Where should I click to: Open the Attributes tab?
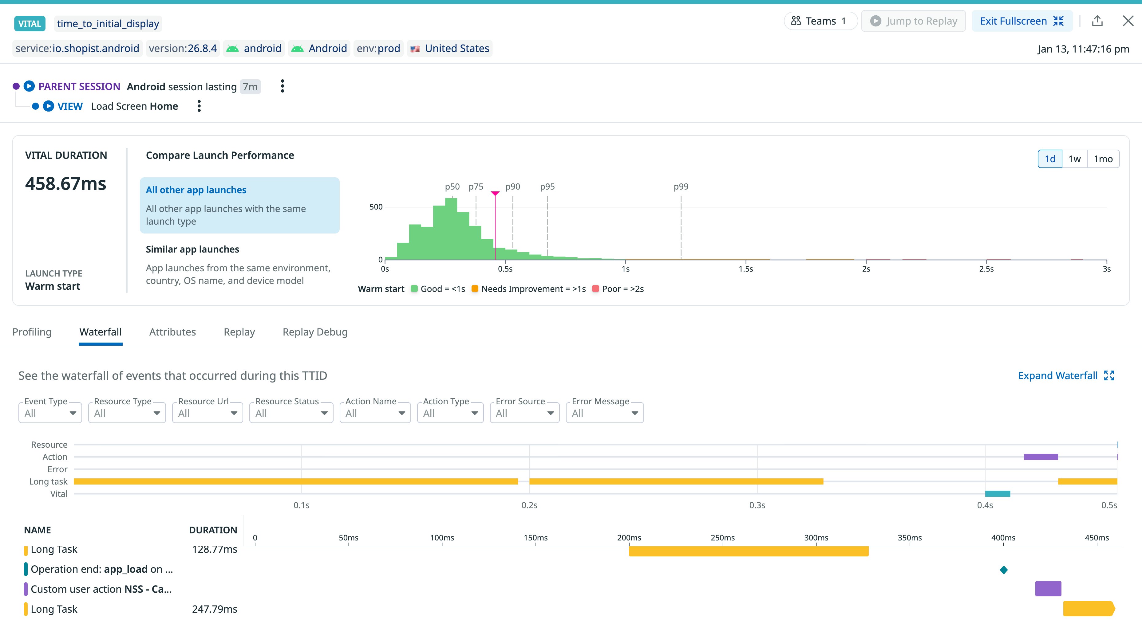point(172,332)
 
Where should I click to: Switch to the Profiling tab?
point(32,332)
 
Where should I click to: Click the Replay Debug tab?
point(315,332)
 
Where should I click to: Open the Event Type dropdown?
point(50,413)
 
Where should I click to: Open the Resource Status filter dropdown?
point(291,413)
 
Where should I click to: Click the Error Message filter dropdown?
point(604,413)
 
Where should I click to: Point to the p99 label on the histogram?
point(681,186)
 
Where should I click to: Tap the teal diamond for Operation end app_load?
point(1004,570)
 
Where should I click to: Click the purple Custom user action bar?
point(1048,589)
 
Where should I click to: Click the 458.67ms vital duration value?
point(65,183)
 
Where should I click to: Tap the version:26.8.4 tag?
point(183,48)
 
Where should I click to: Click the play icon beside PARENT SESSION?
point(29,86)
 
